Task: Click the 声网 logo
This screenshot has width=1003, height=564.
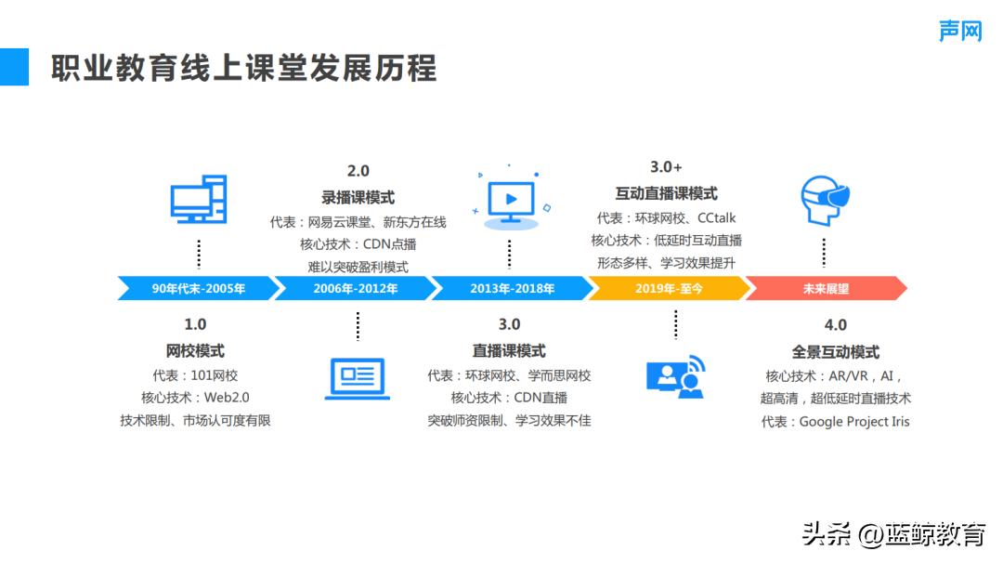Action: tap(959, 30)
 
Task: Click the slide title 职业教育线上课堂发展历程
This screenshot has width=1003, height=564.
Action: tap(243, 69)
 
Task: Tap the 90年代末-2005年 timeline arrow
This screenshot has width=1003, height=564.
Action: tap(198, 289)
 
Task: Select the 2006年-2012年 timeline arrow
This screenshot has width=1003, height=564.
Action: tap(355, 289)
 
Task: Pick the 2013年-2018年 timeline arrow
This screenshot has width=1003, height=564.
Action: tap(512, 289)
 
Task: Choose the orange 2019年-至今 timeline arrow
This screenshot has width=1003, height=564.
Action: tap(669, 289)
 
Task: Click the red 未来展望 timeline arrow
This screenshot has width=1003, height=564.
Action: tap(826, 289)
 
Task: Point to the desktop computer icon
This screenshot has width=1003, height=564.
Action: tap(199, 200)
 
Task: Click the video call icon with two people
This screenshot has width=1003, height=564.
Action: tap(676, 376)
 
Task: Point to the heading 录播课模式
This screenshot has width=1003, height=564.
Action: tap(358, 197)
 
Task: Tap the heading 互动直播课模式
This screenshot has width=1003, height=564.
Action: tap(666, 193)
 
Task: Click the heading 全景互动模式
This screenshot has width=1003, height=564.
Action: tap(835, 352)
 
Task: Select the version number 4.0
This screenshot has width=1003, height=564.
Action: tap(835, 325)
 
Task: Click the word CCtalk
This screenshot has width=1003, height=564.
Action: tap(716, 217)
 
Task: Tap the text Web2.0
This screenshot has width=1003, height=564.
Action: tap(227, 398)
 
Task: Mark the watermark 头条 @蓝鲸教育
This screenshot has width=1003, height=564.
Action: tap(892, 535)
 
